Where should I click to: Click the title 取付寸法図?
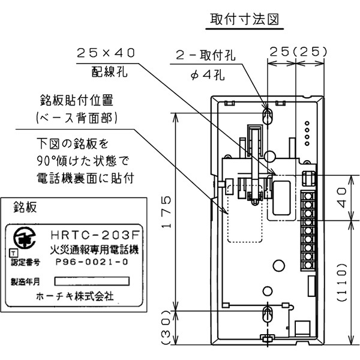point(245,19)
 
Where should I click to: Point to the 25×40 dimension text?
point(106,53)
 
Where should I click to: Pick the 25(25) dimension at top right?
point(298,53)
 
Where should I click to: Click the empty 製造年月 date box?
point(92,281)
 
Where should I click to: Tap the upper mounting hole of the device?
point(268,115)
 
